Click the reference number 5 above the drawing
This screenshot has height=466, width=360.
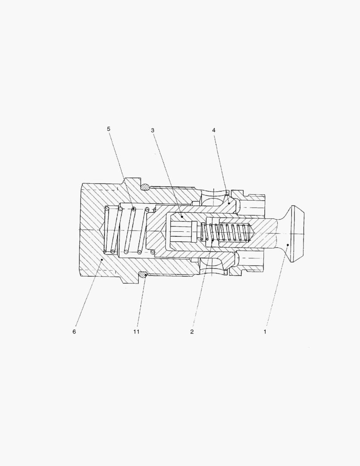point(108,129)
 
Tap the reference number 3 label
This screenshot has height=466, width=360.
point(153,130)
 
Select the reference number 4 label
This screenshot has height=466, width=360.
point(213,130)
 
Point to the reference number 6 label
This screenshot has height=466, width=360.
point(74,331)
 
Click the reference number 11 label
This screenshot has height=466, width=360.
point(136,331)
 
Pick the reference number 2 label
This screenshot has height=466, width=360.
point(192,331)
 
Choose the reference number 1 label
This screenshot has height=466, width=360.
point(265,331)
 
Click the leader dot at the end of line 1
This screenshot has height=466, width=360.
point(288,245)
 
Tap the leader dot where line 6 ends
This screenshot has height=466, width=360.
point(102,259)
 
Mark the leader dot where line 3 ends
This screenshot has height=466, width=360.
point(182,217)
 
